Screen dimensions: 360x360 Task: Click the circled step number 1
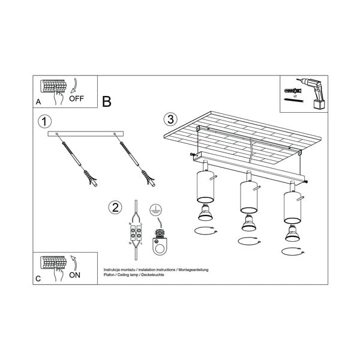(44, 121)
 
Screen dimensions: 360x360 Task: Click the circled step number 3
(171, 119)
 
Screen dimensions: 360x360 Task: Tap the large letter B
(107, 101)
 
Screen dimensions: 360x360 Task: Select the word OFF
(77, 99)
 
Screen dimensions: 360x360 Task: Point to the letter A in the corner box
(38, 102)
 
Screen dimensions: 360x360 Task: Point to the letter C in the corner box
(38, 278)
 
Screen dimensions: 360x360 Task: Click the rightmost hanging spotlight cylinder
(292, 206)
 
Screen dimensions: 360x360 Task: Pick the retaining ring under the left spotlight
(205, 231)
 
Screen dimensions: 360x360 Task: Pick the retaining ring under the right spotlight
(294, 249)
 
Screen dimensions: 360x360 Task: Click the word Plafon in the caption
(110, 276)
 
